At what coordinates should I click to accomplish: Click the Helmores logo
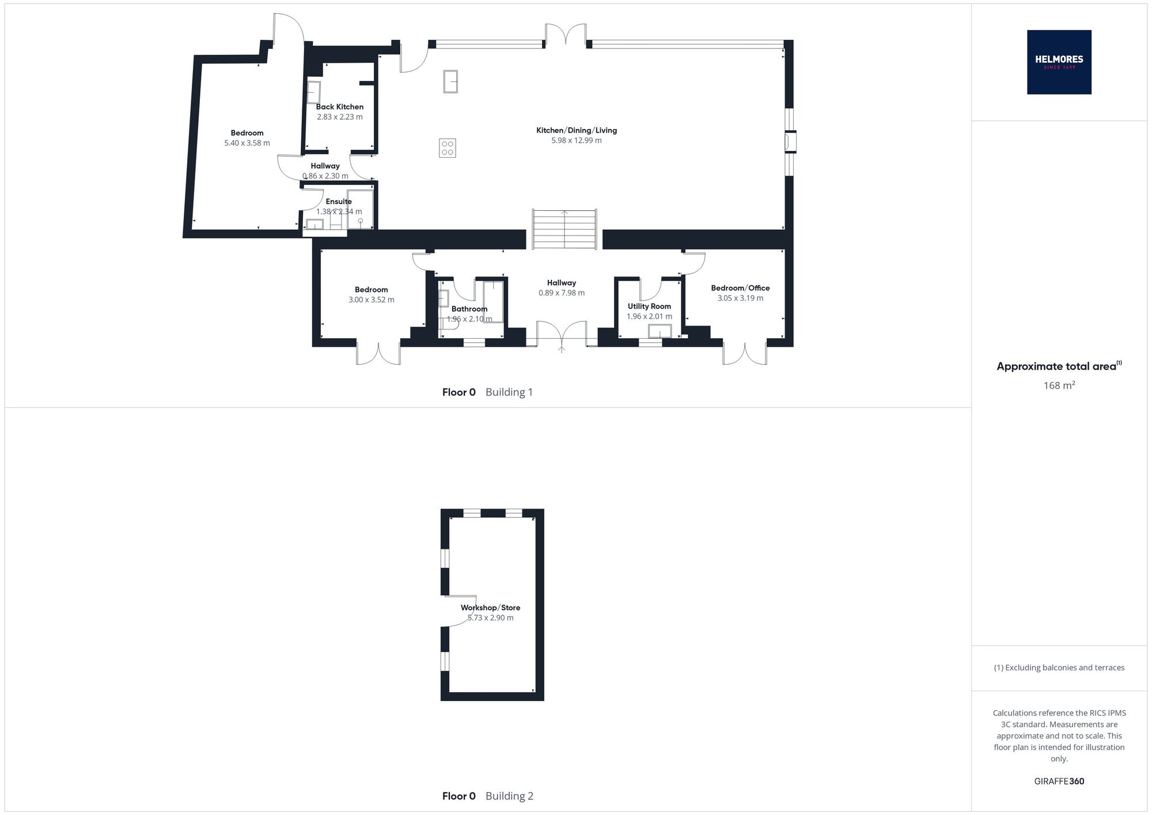pyautogui.click(x=1059, y=62)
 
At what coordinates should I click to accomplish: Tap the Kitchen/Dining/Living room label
pyautogui.click(x=577, y=130)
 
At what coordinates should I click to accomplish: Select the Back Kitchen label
pyautogui.click(x=340, y=107)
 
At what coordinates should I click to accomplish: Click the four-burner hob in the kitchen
pyautogui.click(x=448, y=148)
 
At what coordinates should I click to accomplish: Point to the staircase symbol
pyautogui.click(x=564, y=229)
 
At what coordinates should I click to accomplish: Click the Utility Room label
pyautogui.click(x=649, y=306)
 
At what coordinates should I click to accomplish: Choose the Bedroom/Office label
pyautogui.click(x=740, y=288)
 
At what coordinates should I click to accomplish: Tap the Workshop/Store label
pyautogui.click(x=490, y=608)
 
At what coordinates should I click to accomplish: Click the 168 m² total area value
pyautogui.click(x=1059, y=385)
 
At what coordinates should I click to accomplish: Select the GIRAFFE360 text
pyautogui.click(x=1059, y=781)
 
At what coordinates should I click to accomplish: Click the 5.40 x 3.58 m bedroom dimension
pyautogui.click(x=247, y=143)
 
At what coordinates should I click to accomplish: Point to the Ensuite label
pyautogui.click(x=339, y=202)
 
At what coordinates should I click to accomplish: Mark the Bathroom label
pyautogui.click(x=469, y=309)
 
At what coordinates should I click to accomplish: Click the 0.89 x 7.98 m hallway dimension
pyautogui.click(x=562, y=293)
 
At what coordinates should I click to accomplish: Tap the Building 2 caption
pyautogui.click(x=509, y=796)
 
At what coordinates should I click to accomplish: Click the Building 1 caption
pyautogui.click(x=509, y=392)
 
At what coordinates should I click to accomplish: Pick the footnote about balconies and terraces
pyautogui.click(x=1059, y=668)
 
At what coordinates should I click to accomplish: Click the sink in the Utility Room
pyautogui.click(x=660, y=331)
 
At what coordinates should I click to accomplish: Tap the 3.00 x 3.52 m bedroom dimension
pyautogui.click(x=372, y=300)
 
